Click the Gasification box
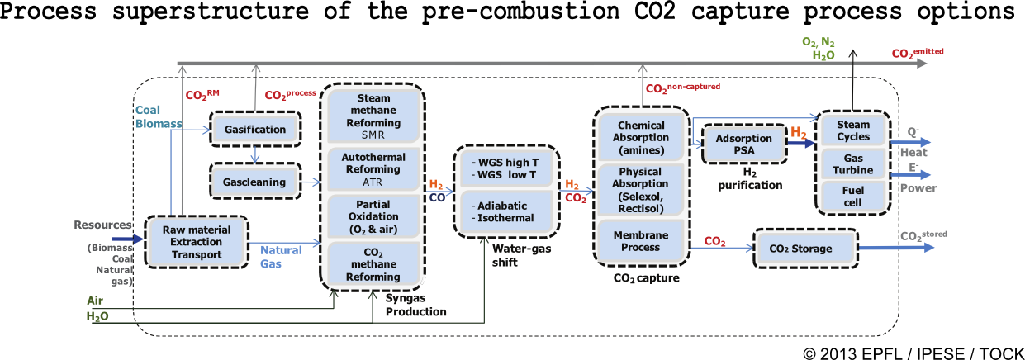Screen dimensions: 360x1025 click(x=254, y=129)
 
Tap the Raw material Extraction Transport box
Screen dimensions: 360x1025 click(x=196, y=242)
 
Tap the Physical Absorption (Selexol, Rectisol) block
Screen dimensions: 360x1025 click(x=641, y=191)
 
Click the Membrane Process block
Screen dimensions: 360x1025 click(x=641, y=241)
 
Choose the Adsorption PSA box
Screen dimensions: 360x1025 click(x=741, y=144)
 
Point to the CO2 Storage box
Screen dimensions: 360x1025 click(x=800, y=248)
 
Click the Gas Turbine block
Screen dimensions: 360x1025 click(x=853, y=163)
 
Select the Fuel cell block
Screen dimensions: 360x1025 click(x=853, y=196)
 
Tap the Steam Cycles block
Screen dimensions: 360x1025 click(x=853, y=130)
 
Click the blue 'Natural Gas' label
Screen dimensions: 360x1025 click(x=282, y=255)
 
